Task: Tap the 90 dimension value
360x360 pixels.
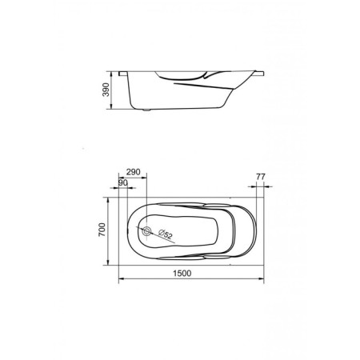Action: [122, 183]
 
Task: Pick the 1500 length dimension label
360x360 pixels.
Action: [182, 274]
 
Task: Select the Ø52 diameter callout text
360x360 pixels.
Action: [166, 233]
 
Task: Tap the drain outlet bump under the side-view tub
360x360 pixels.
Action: [145, 110]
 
